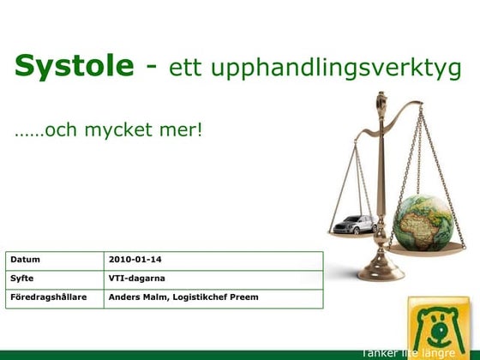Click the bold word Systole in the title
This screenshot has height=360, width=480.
click(75, 65)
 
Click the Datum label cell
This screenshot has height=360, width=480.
click(26, 259)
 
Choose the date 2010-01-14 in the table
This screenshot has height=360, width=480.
click(135, 259)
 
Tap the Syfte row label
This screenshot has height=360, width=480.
click(22, 278)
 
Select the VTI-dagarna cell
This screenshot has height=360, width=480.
click(137, 278)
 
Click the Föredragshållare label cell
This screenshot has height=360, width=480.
click(49, 297)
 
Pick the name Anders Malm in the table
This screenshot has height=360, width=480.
click(135, 297)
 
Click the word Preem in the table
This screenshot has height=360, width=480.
click(243, 297)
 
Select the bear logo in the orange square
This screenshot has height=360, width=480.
click(439, 326)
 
